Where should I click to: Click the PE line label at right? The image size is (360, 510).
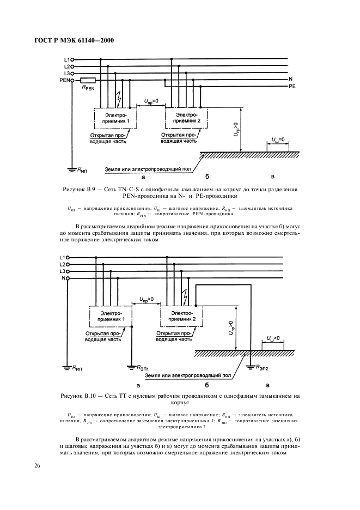[292, 86]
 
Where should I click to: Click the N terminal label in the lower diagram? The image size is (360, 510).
[64, 278]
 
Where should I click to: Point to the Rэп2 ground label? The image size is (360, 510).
[263, 368]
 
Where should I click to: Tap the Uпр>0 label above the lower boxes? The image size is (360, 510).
[143, 299]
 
